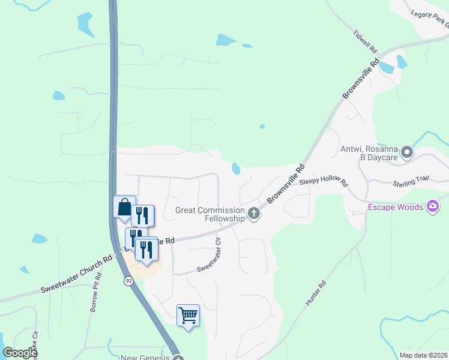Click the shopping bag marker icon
pos(124,208)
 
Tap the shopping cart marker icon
pos(188,315)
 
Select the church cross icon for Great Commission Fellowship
pos(254,213)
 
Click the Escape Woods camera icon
pos(433,208)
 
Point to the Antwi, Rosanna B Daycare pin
pos(407,152)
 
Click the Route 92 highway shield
pos(129,280)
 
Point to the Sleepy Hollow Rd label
pos(324,180)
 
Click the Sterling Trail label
pos(412,180)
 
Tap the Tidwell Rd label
pos(365,40)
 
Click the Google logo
pos(20,353)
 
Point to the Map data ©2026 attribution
pos(423,355)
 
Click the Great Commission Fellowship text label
pos(210,214)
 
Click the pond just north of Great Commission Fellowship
pos(236,169)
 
